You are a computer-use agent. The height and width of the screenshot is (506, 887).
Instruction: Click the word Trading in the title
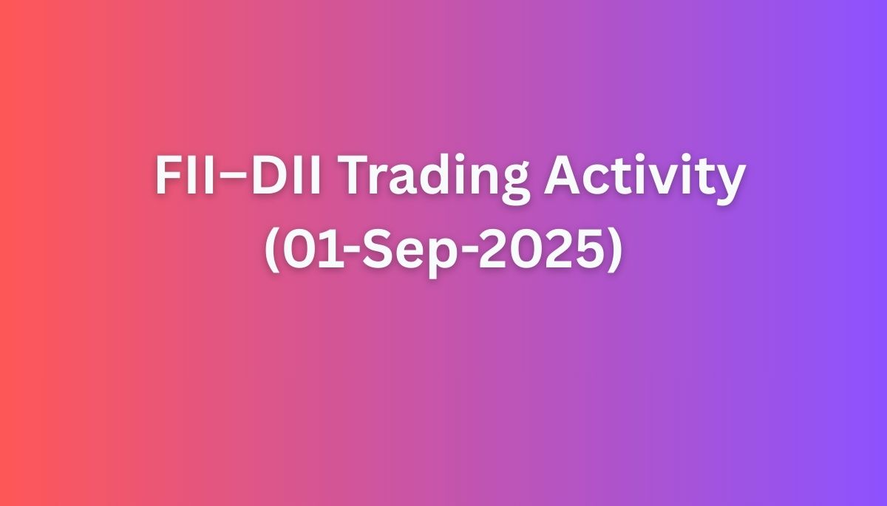(x=436, y=177)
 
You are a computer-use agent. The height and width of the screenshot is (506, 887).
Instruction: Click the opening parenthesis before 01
(x=272, y=251)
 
